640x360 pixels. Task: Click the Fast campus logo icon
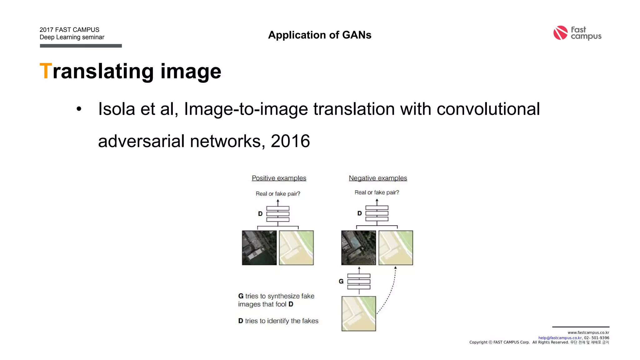point(560,33)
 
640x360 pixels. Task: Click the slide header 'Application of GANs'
point(319,35)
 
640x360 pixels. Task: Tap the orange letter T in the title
point(45,71)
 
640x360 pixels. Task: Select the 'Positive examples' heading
point(279,178)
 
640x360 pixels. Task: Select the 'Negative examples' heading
point(377,178)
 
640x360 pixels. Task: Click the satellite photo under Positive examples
point(259,248)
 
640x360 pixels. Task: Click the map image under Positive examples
point(296,248)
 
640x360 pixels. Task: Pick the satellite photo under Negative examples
point(358,248)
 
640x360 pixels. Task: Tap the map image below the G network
point(358,313)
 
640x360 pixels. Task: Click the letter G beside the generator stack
point(341,281)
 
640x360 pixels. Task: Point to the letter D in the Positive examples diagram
point(260,214)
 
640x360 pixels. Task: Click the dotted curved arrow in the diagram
point(391,291)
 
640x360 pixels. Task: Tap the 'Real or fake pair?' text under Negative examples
point(377,192)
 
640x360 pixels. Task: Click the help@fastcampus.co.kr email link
point(560,338)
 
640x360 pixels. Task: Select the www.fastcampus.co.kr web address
point(588,332)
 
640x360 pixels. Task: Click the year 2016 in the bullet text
point(290,141)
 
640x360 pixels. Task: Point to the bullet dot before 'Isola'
point(79,109)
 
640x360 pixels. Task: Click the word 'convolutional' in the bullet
point(488,109)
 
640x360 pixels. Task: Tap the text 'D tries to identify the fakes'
point(278,321)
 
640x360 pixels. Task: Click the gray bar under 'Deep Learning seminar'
point(81,46)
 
